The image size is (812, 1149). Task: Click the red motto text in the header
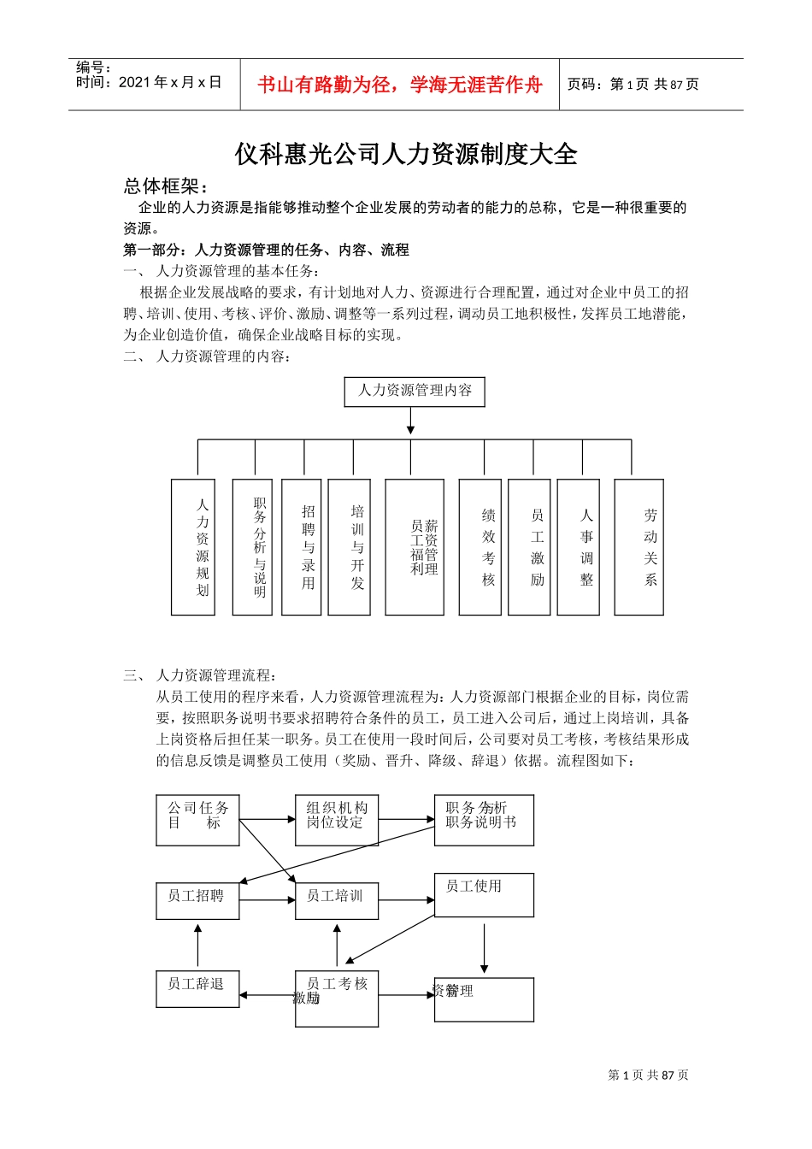point(399,85)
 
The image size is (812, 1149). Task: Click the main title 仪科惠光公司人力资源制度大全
point(406,154)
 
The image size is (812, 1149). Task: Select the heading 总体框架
point(166,186)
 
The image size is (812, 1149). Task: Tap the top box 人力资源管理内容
point(415,392)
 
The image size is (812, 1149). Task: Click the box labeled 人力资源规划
point(193,547)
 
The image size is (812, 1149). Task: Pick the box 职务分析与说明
point(252,547)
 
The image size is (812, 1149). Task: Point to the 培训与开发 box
point(350,547)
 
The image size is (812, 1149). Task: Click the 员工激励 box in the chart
point(529,547)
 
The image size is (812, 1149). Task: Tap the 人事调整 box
point(578,547)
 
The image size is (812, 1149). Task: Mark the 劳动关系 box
point(638,547)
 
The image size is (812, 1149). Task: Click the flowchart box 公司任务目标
point(197,821)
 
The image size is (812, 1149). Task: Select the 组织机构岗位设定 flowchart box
point(337,821)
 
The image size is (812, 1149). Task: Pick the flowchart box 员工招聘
point(197,901)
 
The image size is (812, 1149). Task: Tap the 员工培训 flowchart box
point(337,901)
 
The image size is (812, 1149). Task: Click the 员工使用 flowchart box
point(484,895)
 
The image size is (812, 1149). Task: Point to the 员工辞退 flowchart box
point(197,989)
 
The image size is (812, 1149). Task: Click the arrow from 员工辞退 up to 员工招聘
point(197,946)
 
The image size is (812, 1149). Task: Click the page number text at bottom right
point(648,1075)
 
